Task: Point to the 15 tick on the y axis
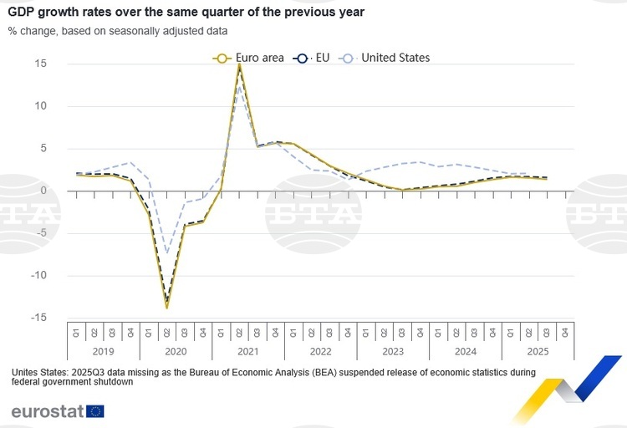pos(41,64)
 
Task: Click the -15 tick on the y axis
pos(38,318)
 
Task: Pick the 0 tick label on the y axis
pos(43,191)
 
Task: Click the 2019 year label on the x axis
pos(103,352)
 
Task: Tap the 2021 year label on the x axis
pos(248,352)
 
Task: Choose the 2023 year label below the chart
pos(393,352)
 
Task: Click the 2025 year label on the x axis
pos(538,352)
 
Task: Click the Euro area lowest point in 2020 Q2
pos(166,308)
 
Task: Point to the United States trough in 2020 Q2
pos(166,252)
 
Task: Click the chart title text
pos(186,13)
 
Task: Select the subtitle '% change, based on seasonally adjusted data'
pos(118,31)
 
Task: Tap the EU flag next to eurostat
pos(94,411)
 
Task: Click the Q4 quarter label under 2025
pos(565,332)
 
